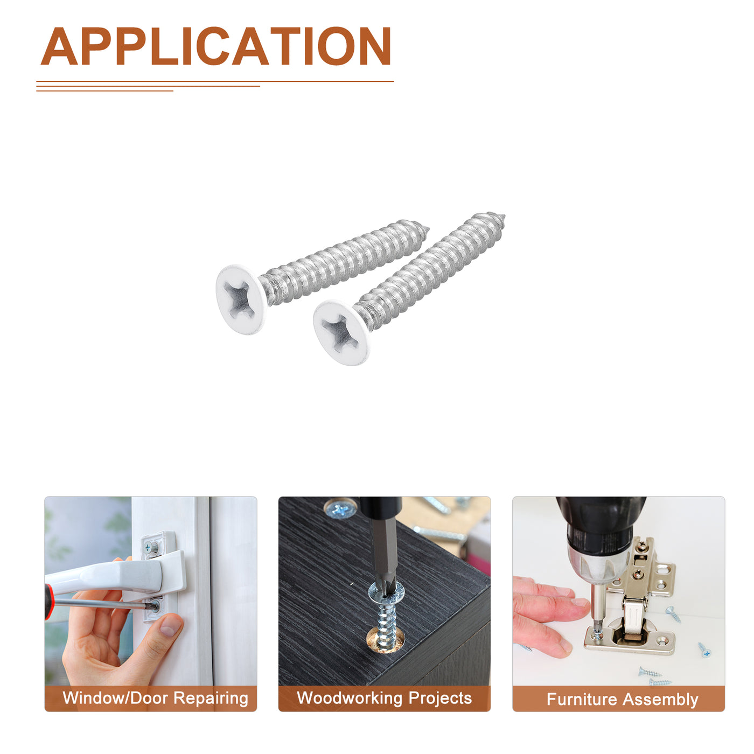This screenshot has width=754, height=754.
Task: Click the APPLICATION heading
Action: (216, 46)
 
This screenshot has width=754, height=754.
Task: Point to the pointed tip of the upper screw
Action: (428, 228)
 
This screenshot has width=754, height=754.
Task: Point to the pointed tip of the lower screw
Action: (504, 216)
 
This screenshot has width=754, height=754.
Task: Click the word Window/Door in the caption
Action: (115, 697)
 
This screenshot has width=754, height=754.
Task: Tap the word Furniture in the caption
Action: (582, 699)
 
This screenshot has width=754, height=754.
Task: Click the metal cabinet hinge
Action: (633, 599)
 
